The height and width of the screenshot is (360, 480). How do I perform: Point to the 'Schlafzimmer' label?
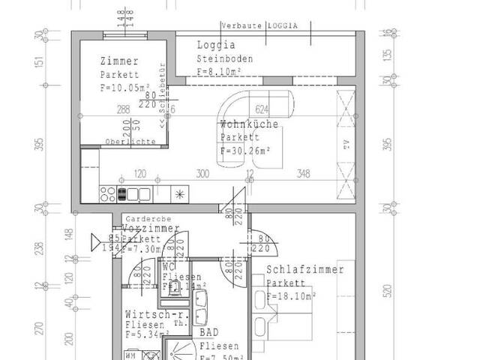tap(305, 270)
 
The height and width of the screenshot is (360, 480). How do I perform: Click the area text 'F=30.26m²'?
tap(246, 150)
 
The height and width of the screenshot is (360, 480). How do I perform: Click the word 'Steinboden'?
tap(225, 58)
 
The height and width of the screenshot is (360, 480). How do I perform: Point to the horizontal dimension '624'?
tap(262, 109)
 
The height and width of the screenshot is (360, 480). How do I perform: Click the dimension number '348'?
tap(303, 174)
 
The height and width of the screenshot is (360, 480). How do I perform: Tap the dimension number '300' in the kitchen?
tap(202, 174)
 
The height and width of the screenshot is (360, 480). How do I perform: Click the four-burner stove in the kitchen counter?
tap(121, 194)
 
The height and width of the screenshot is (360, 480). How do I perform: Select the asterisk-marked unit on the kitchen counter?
tap(179, 194)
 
